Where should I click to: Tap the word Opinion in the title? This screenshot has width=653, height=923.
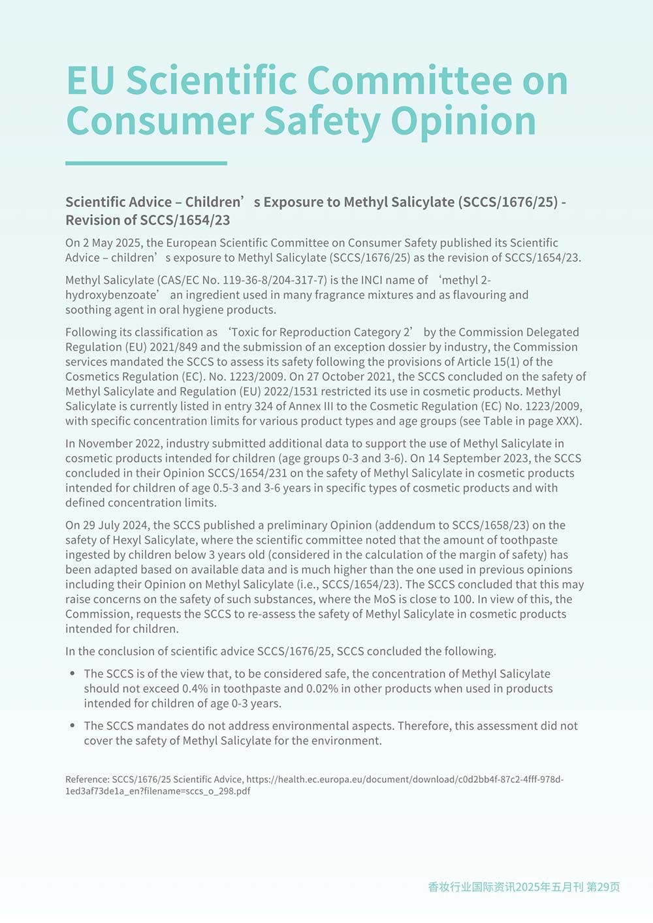point(464,121)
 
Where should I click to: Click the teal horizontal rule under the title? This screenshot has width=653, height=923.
point(146,163)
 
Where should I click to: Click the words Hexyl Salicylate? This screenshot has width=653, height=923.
point(154,540)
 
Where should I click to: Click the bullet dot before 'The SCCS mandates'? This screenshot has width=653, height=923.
point(72,725)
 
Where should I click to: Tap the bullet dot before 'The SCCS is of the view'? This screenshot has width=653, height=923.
point(72,673)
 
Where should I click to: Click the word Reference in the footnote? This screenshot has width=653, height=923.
point(87,779)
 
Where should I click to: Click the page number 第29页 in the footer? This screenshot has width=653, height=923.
point(603,886)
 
